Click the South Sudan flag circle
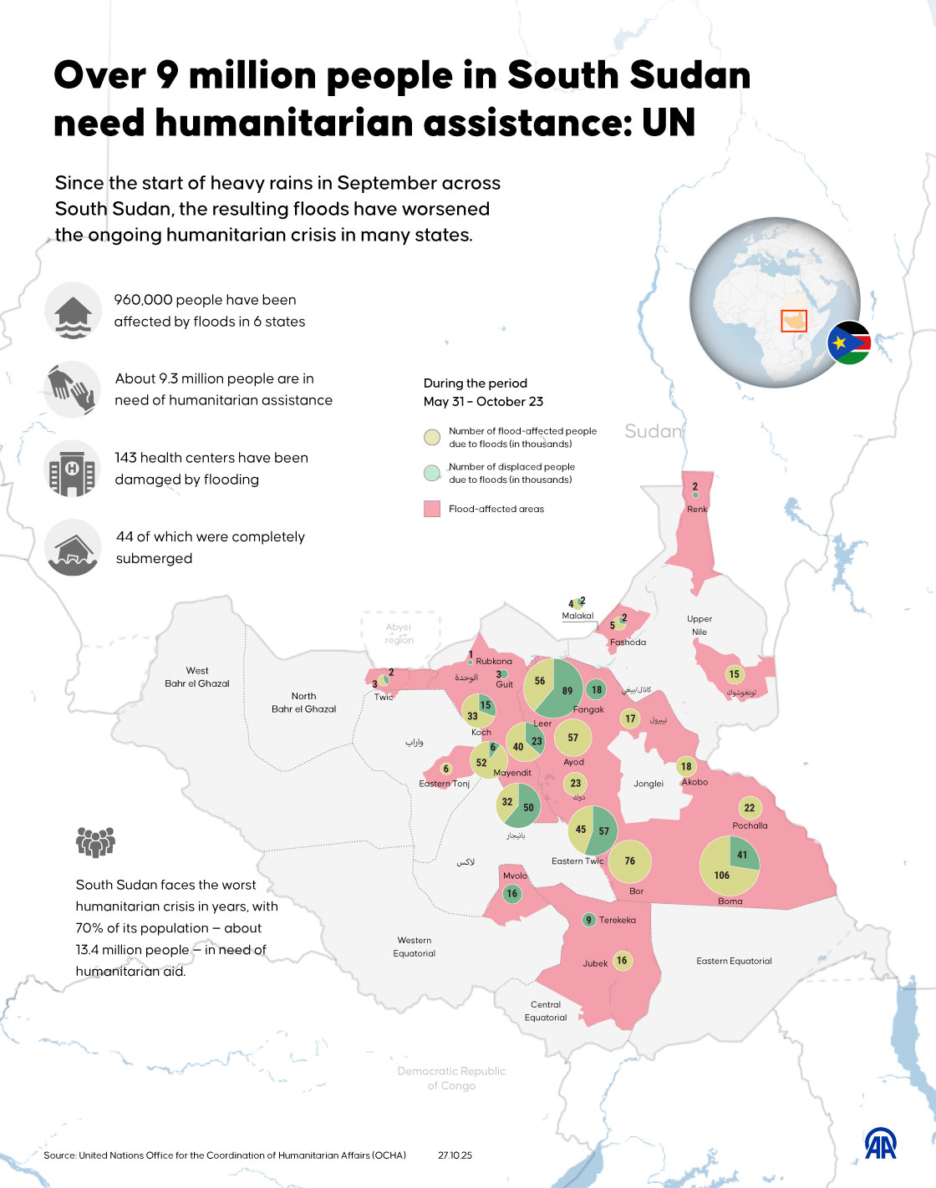click(x=849, y=343)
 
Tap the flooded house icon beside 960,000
click(x=73, y=310)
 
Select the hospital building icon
click(x=73, y=469)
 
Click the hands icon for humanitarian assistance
click(x=73, y=388)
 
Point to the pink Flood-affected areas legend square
click(x=432, y=509)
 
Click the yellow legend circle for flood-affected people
click(x=432, y=437)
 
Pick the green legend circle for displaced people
click(x=432, y=473)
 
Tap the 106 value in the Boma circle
click(x=721, y=876)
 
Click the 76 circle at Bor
click(x=629, y=861)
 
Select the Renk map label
click(x=697, y=509)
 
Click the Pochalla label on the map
click(x=750, y=825)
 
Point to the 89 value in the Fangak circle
click(x=567, y=691)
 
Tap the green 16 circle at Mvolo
click(x=512, y=893)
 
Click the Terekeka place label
click(x=618, y=920)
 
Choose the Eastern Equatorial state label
click(x=734, y=961)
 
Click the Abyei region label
click(x=399, y=633)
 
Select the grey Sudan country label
click(x=654, y=431)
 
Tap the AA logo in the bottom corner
click(x=880, y=1144)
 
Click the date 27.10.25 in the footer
click(x=455, y=1155)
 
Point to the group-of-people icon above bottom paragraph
click(x=95, y=841)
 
